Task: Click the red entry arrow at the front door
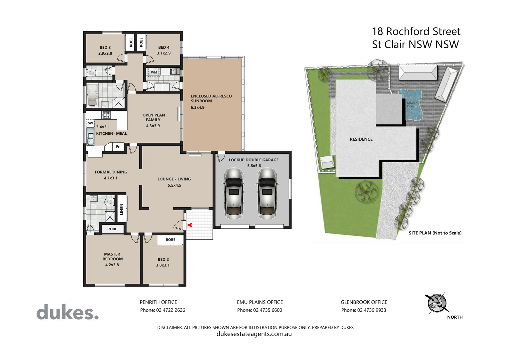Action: click(x=190, y=225)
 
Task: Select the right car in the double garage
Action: click(x=267, y=193)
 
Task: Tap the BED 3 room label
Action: click(x=105, y=48)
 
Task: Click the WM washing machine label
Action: click(x=154, y=72)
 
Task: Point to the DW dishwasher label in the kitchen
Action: click(x=90, y=123)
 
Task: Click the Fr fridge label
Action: click(x=118, y=147)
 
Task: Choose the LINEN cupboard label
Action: click(x=122, y=209)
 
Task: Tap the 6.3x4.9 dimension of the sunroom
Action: click(x=198, y=107)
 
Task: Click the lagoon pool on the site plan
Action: click(x=412, y=104)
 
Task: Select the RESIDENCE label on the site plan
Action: click(x=361, y=139)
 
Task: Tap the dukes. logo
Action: click(x=68, y=312)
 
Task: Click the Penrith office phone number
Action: click(x=162, y=310)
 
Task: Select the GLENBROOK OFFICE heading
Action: click(x=364, y=302)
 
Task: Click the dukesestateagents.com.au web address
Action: click(x=254, y=334)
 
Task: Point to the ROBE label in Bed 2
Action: click(x=171, y=240)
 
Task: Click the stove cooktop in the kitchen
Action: click(x=106, y=115)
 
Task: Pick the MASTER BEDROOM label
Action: click(x=112, y=256)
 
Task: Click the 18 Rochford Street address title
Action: click(x=416, y=32)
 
